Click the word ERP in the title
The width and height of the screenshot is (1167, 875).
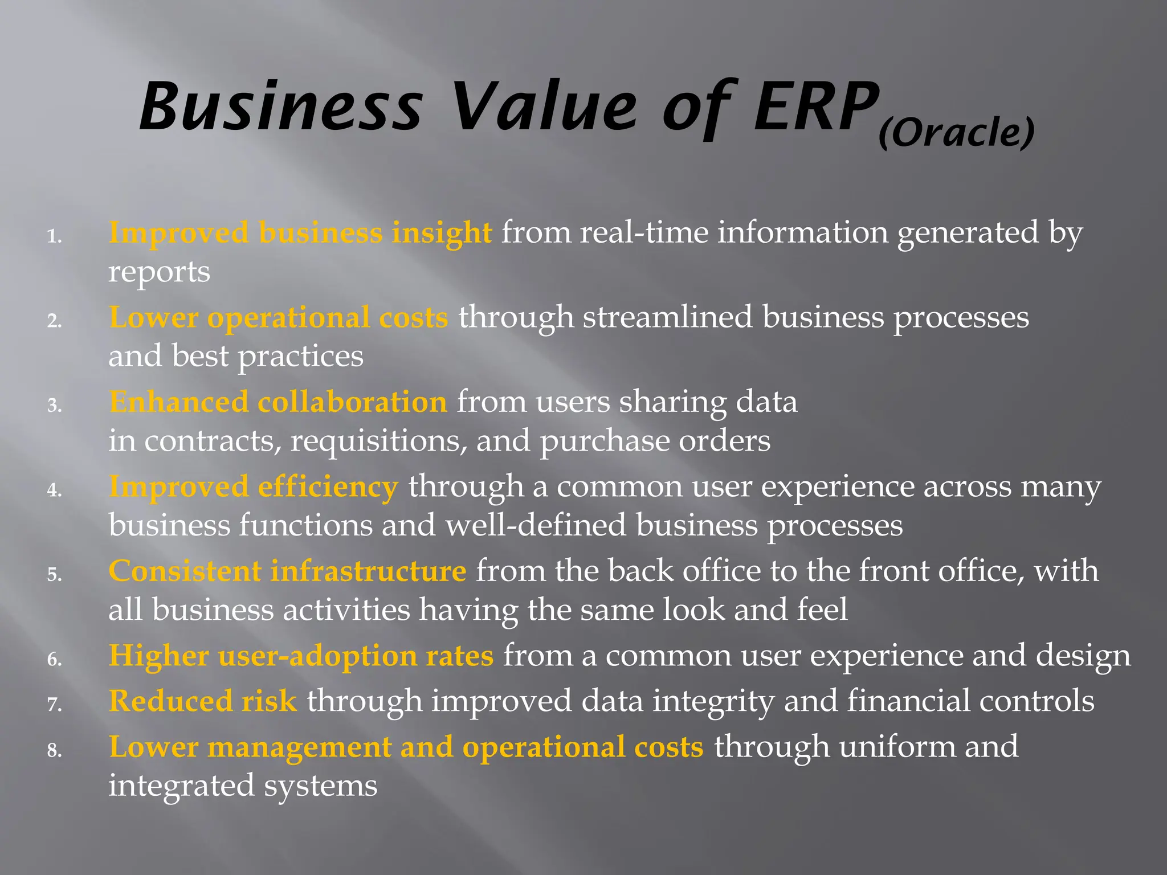816,107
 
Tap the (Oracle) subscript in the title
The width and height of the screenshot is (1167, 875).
956,133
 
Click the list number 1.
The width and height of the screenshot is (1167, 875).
54,236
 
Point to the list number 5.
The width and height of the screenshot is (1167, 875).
54,574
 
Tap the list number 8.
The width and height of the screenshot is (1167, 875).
54,750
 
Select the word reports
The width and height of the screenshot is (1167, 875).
159,272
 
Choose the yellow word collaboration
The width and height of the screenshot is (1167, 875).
352,402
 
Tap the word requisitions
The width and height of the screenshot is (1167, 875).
378,441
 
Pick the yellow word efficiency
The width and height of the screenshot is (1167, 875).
328,487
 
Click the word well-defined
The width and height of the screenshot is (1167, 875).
536,525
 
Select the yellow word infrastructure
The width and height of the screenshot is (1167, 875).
368,571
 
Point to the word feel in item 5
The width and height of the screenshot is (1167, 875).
822,610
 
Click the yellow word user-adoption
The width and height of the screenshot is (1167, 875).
317,656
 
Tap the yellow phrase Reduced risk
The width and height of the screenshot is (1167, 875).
203,701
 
